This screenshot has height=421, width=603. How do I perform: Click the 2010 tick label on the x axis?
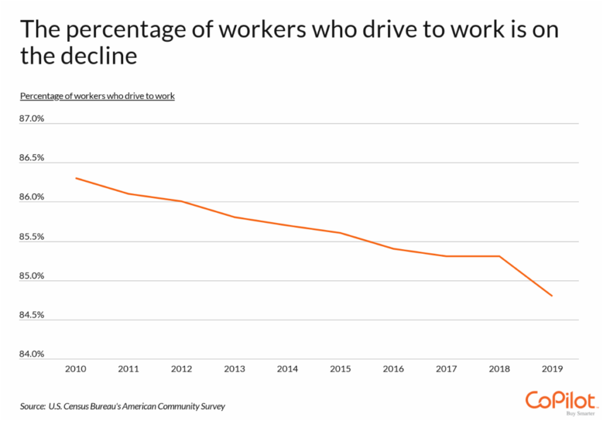pos(76,370)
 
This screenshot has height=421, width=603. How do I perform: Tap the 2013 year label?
pos(234,370)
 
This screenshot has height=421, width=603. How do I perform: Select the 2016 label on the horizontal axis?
pos(393,370)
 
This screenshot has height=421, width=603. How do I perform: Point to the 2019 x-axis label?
pos(552,370)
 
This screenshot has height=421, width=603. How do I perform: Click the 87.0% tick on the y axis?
pos(32,119)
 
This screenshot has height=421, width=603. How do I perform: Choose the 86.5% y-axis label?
pos(32,158)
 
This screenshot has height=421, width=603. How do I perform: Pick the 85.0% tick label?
pos(32,276)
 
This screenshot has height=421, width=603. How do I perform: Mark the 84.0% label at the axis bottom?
pos(32,354)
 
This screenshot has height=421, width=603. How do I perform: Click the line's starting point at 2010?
pos(76,178)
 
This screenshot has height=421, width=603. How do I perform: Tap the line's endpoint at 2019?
pos(552,296)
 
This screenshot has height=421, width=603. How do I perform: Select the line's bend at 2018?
pos(499,256)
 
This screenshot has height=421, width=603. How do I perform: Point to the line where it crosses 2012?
pos(182,201)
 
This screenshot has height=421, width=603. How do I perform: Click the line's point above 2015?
pos(340,233)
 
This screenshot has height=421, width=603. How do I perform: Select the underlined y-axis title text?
pos(97,96)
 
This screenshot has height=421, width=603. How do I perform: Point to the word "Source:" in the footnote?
pos(33,406)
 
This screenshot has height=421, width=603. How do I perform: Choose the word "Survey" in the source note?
pos(211,406)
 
